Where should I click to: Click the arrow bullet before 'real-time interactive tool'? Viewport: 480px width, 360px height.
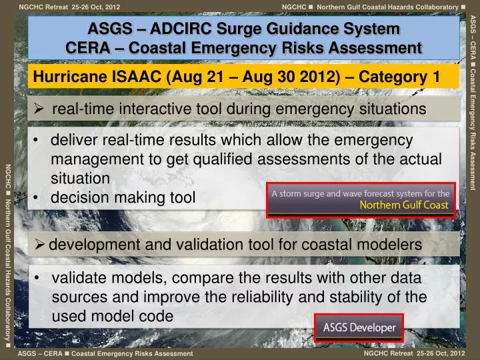click(40, 109)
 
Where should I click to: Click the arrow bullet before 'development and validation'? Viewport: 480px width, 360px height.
click(40, 245)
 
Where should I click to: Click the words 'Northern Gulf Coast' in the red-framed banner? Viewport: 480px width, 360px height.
click(405, 205)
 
